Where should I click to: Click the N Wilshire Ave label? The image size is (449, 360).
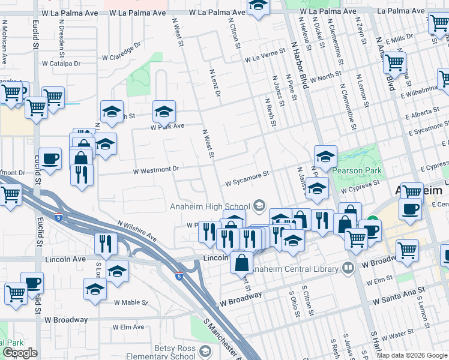click(137, 231)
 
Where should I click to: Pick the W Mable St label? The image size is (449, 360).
click(131, 302)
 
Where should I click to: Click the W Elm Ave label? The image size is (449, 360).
click(129, 327)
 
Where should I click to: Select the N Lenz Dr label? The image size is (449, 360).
click(215, 83)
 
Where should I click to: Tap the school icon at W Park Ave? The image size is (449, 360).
click(164, 112)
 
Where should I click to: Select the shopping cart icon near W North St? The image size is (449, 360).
click(394, 62)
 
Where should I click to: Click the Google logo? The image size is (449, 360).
click(21, 353)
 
